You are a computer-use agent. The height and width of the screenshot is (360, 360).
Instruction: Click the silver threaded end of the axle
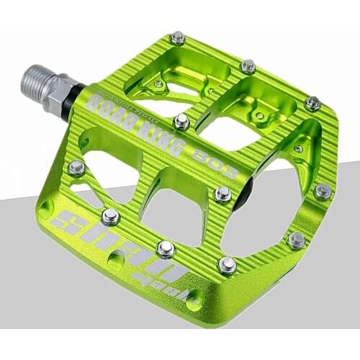click(32, 78)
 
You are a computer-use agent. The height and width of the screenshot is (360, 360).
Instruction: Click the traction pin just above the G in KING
click(181, 122)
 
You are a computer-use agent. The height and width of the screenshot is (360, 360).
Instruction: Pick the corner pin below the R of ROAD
click(76, 168)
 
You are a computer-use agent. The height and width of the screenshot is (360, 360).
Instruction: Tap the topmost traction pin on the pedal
click(176, 37)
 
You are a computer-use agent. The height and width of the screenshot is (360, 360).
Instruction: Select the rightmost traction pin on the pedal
click(323, 191)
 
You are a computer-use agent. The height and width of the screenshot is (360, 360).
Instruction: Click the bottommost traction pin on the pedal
click(227, 265)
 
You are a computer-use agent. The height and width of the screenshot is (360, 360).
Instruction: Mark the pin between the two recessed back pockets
click(248, 66)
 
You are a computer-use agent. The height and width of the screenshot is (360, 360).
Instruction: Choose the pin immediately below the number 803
click(223, 193)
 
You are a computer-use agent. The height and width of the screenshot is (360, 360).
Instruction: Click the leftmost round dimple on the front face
click(46, 209)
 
